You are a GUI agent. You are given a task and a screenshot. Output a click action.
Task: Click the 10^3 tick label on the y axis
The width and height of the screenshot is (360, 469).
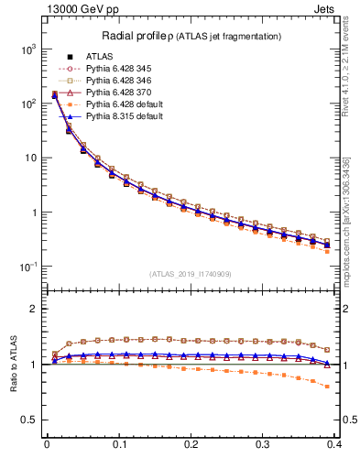(27, 49)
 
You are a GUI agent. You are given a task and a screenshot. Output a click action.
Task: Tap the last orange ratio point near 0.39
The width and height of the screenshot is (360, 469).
(328, 387)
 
